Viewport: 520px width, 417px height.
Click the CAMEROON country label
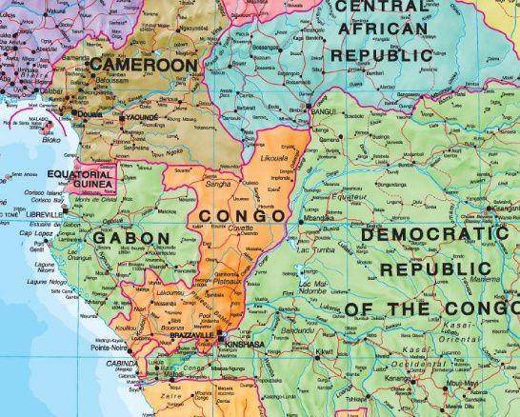pos(144,65)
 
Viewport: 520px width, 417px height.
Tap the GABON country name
pos(130,237)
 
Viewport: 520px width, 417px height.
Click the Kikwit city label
pos(327,351)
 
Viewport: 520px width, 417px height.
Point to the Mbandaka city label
pos(318,218)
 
